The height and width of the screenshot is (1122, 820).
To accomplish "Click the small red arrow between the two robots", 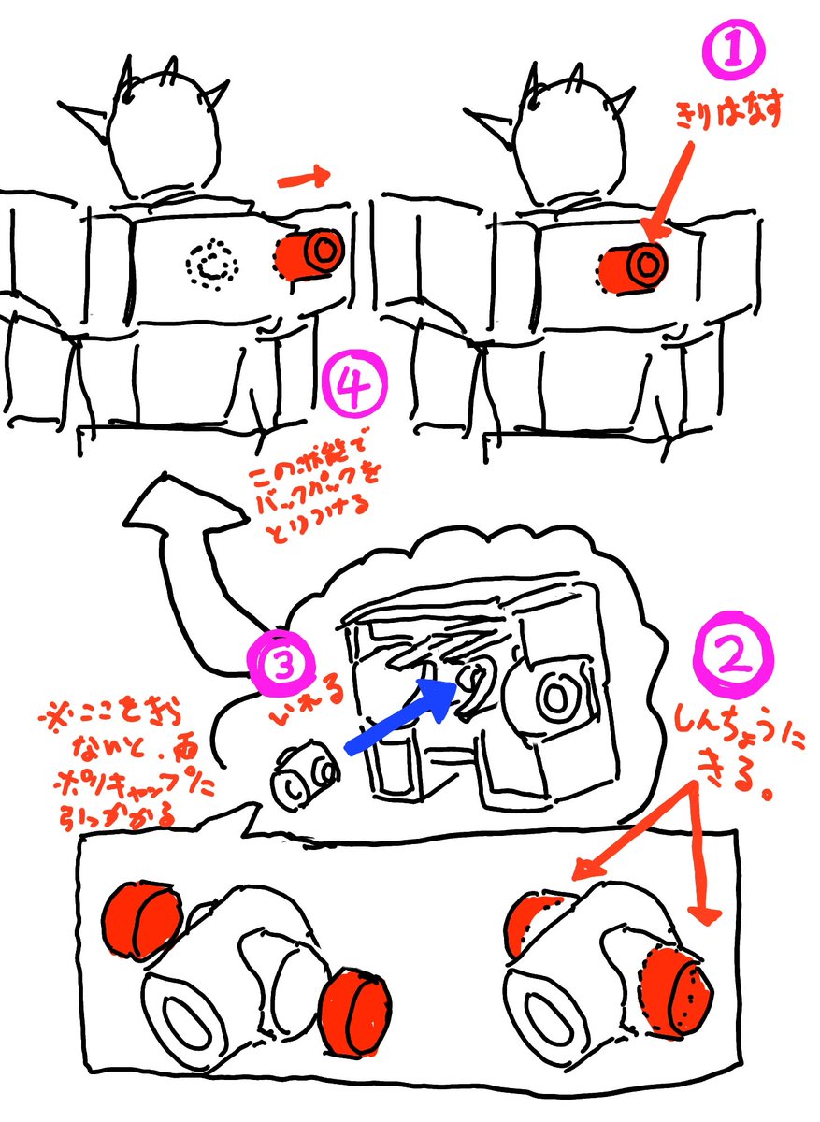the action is tap(301, 176).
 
